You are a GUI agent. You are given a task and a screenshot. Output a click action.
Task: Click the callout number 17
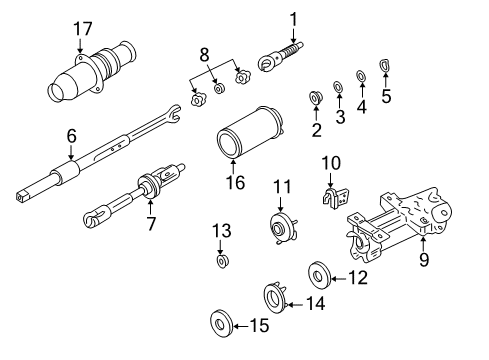(79, 28)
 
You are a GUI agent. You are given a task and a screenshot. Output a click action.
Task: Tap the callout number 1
(294, 17)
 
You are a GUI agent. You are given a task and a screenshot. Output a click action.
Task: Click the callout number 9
(424, 261)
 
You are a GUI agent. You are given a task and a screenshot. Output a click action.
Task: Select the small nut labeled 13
(222, 262)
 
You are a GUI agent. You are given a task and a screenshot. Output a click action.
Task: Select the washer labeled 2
(315, 98)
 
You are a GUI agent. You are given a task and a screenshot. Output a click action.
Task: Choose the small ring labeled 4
(361, 76)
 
